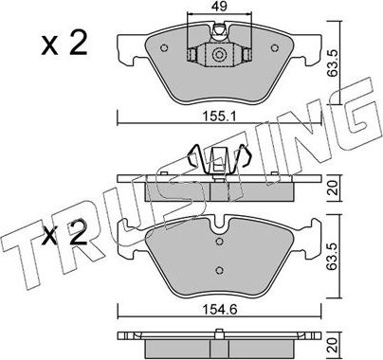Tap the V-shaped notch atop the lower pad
coord(218,225)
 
